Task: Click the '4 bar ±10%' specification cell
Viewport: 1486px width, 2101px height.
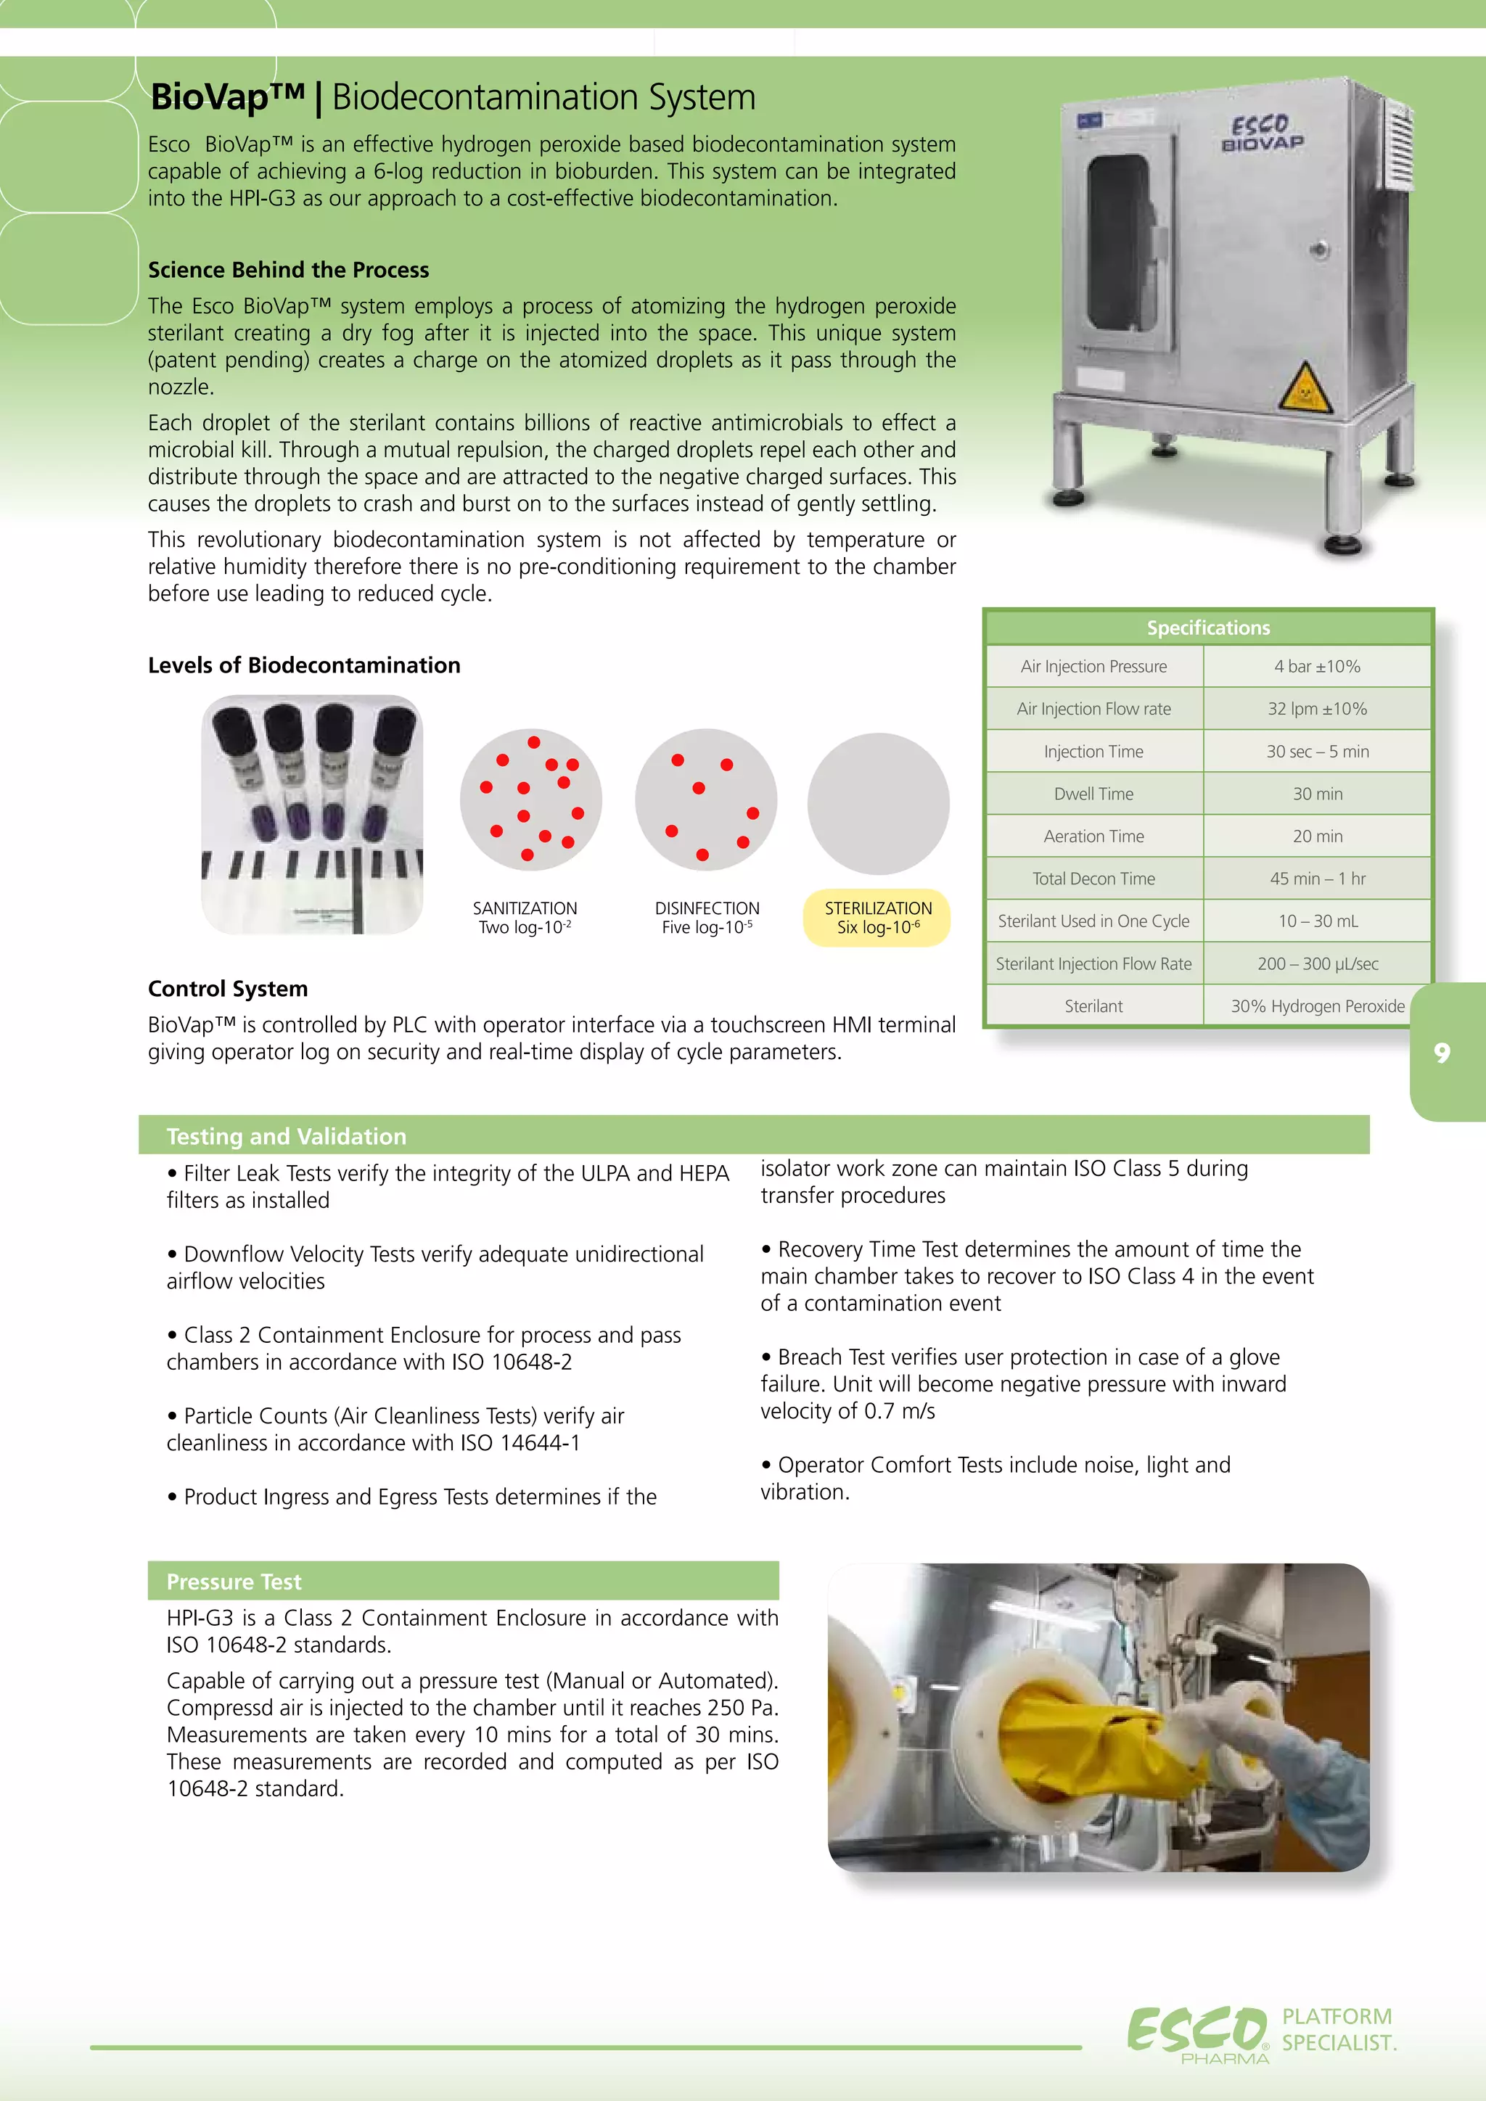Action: pos(1317,666)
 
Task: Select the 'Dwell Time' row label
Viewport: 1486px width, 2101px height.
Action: pos(1093,794)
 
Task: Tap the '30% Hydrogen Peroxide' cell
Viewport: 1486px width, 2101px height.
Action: pos(1317,1006)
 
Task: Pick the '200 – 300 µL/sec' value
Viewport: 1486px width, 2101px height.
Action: pos(1317,963)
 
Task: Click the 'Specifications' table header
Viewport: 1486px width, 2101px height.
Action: pos(1208,628)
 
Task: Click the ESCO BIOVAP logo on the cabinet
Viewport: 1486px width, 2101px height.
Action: pos(1262,133)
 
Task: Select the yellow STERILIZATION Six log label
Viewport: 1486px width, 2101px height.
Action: pos(877,917)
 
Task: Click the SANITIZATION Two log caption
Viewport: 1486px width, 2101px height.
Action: pos(525,917)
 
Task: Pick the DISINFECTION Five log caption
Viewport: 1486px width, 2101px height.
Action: pos(707,917)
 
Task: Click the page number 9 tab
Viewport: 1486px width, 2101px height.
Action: pos(1443,1053)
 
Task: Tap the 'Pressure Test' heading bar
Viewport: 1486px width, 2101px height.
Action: pos(234,1582)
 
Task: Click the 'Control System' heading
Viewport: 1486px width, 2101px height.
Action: pos(228,988)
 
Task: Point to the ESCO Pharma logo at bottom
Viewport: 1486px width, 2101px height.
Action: pos(1199,2031)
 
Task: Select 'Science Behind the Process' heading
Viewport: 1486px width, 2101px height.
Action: pos(288,270)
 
